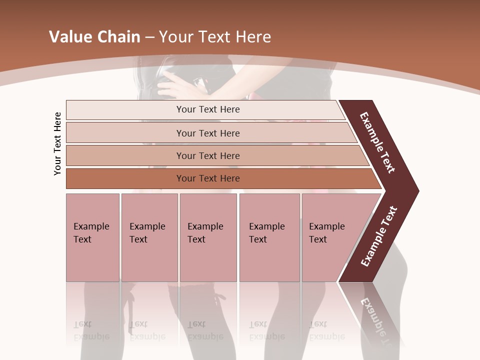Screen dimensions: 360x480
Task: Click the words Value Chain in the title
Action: pyautogui.click(x=94, y=37)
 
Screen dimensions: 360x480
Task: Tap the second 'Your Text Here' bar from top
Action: pyautogui.click(x=208, y=133)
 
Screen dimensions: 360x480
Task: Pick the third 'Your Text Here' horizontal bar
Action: pyautogui.click(x=208, y=155)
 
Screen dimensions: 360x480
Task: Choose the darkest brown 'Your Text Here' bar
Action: pyautogui.click(x=208, y=178)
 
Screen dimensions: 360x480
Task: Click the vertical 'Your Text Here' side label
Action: pyautogui.click(x=57, y=143)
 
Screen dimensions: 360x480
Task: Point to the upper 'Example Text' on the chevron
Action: pyautogui.click(x=377, y=142)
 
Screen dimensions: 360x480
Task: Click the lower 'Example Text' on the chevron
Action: pyautogui.click(x=379, y=236)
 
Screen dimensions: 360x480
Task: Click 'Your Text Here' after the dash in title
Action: pyautogui.click(x=215, y=37)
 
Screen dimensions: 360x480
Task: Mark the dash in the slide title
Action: pyautogui.click(x=149, y=37)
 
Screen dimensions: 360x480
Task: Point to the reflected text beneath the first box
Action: pyautogui.click(x=91, y=330)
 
